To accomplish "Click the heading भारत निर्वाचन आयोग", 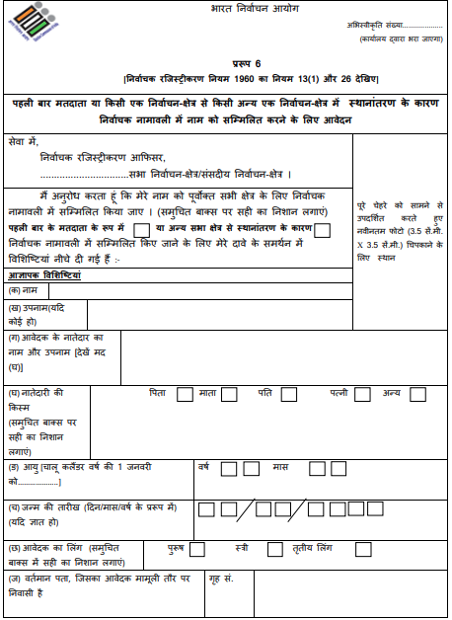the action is click(x=226, y=9).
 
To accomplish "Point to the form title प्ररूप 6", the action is click(x=226, y=63).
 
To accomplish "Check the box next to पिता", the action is click(x=185, y=395).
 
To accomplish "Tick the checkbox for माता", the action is click(x=229, y=395).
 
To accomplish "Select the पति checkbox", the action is click(x=290, y=395).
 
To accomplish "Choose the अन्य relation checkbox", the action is click(x=417, y=395).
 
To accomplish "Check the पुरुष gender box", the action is click(x=197, y=548).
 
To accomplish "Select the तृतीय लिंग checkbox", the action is click(x=349, y=548).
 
